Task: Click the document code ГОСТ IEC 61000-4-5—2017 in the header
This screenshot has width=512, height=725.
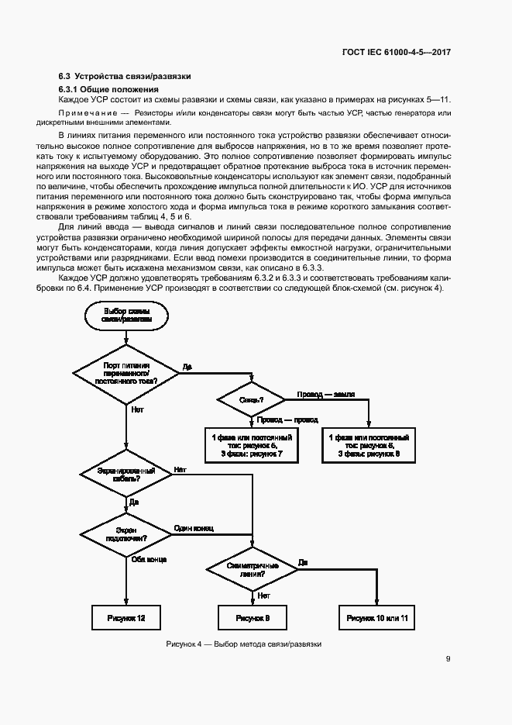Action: click(396, 53)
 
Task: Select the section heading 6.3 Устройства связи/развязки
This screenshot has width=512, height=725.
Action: click(125, 76)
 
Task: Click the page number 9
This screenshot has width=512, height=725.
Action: click(448, 659)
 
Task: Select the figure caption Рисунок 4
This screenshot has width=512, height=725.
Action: click(243, 644)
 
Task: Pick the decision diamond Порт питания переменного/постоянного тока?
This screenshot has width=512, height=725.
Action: click(125, 373)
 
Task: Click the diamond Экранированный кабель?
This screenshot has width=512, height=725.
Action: click(125, 475)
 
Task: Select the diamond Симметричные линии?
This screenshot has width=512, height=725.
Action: click(253, 571)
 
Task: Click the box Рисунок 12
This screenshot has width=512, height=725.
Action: click(125, 618)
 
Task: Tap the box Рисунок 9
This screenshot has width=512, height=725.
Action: click(253, 618)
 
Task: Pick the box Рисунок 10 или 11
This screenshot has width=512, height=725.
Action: click(377, 618)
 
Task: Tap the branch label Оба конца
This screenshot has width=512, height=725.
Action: click(149, 558)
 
